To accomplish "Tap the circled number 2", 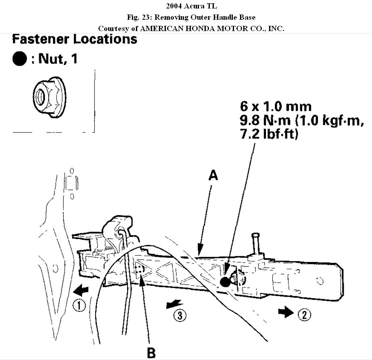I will (304, 313).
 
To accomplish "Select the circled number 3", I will (180, 316).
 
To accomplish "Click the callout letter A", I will (213, 175).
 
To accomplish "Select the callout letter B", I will (151, 353).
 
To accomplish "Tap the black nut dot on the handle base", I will (225, 282).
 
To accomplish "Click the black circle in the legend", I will (19, 59).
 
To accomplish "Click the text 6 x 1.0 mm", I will (276, 106).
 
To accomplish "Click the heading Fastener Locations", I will (75, 39).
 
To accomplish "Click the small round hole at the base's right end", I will (320, 280).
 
